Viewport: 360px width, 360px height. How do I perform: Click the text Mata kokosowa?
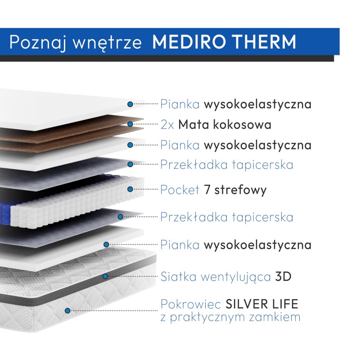(225, 124)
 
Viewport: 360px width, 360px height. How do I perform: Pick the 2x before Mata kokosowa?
(167, 124)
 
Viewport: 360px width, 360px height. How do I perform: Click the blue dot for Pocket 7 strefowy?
(130, 189)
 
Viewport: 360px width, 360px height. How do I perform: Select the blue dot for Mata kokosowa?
(130, 124)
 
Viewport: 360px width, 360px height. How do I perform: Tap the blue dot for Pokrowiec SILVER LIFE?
(68, 310)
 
